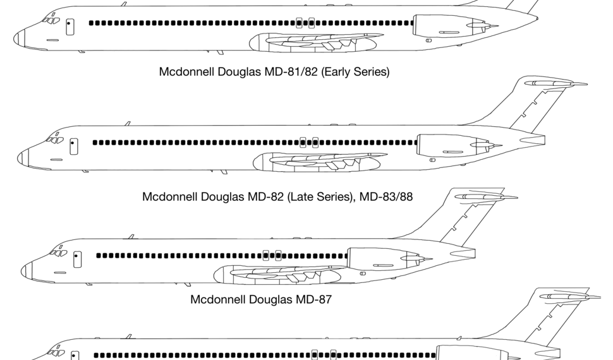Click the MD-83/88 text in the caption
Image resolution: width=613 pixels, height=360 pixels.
click(x=386, y=196)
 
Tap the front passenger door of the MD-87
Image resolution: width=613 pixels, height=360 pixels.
click(x=77, y=259)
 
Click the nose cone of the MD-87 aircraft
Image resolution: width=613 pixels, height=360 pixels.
click(x=26, y=271)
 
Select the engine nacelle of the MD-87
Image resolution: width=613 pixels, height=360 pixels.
click(x=379, y=259)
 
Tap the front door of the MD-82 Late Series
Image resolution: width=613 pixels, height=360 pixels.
click(x=74, y=147)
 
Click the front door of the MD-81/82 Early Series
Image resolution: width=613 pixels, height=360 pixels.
click(x=70, y=27)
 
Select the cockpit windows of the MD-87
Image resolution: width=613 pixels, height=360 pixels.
click(x=58, y=253)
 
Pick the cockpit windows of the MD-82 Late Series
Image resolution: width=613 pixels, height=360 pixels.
click(x=54, y=140)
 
